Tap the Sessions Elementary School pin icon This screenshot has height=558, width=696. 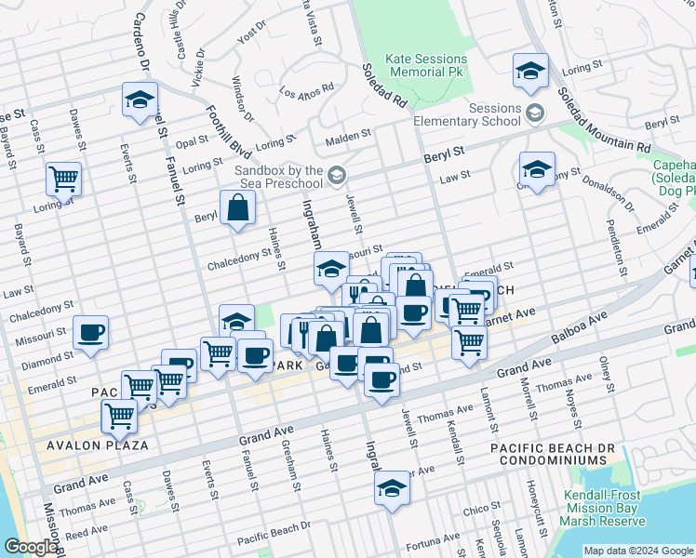535,114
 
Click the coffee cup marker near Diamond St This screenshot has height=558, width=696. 91,332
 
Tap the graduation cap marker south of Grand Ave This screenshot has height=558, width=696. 392,486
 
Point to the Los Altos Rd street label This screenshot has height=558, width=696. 307,93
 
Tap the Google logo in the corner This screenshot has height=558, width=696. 31,547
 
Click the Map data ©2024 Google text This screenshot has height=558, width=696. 636,551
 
